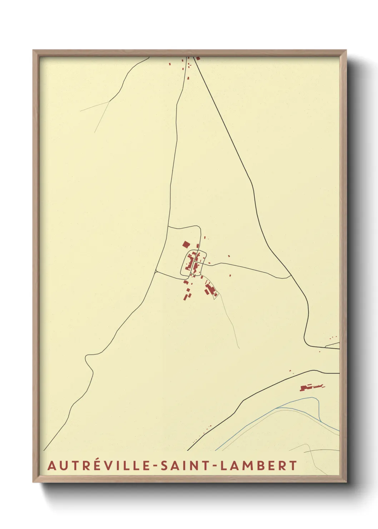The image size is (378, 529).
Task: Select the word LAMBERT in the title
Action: click(259, 466)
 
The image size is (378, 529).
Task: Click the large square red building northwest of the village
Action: click(186, 244)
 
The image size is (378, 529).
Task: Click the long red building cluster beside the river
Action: click(312, 387)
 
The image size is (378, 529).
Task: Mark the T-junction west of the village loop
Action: click(156, 272)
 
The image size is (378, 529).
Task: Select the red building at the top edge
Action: click(198, 58)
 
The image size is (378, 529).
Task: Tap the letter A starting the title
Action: click(52, 466)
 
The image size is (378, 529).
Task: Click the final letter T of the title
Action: click(293, 466)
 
